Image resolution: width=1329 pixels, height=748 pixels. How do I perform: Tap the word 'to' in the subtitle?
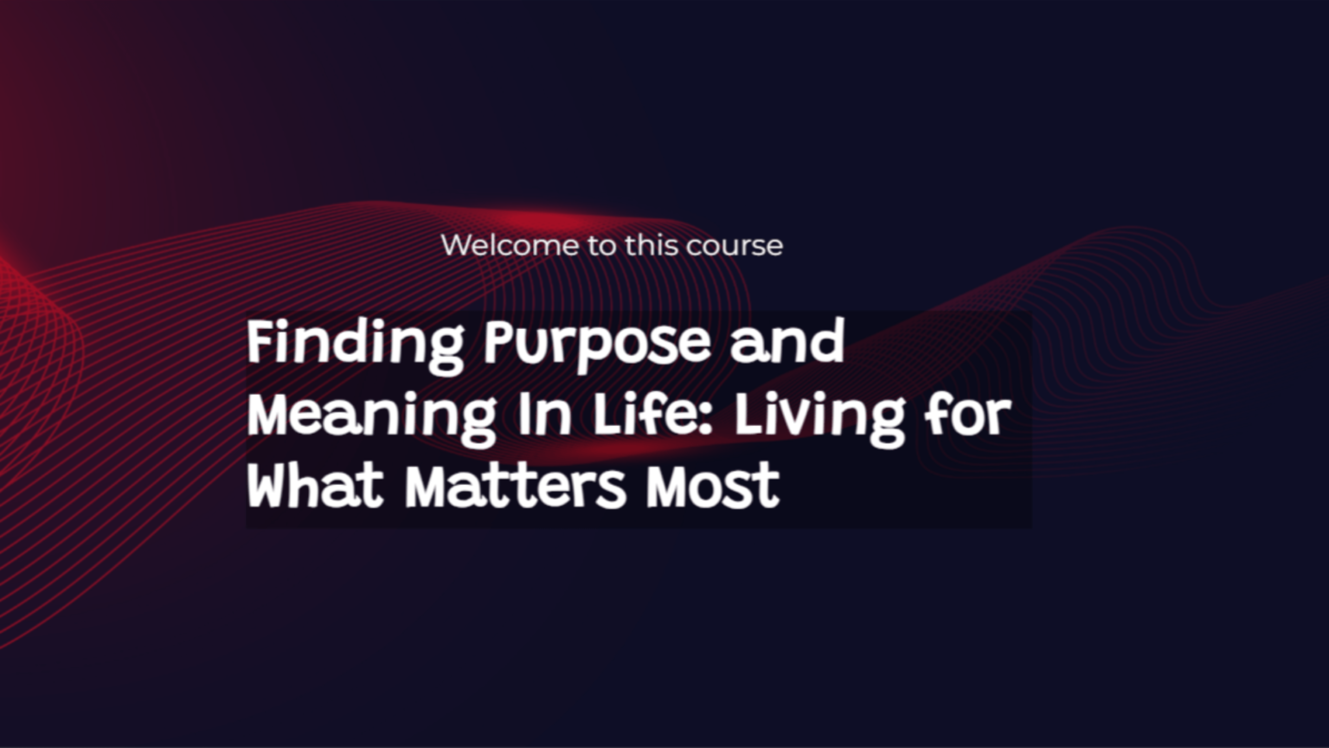coord(601,245)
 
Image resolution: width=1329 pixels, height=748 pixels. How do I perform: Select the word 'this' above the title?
coord(650,245)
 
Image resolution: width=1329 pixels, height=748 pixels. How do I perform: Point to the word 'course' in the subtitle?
coord(734,245)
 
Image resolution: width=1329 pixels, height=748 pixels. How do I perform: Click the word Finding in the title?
coord(356,344)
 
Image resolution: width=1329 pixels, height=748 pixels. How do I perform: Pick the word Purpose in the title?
coord(597,344)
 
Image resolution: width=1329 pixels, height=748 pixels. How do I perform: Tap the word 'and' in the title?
coord(787,344)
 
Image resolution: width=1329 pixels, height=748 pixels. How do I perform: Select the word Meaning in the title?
coord(371,416)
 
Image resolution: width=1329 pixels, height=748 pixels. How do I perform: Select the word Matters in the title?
coord(516,487)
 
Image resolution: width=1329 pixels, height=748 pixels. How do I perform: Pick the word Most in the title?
coord(713,487)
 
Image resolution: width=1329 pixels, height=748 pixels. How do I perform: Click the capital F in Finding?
coord(260,342)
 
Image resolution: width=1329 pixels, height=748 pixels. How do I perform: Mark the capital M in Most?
coord(668,487)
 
